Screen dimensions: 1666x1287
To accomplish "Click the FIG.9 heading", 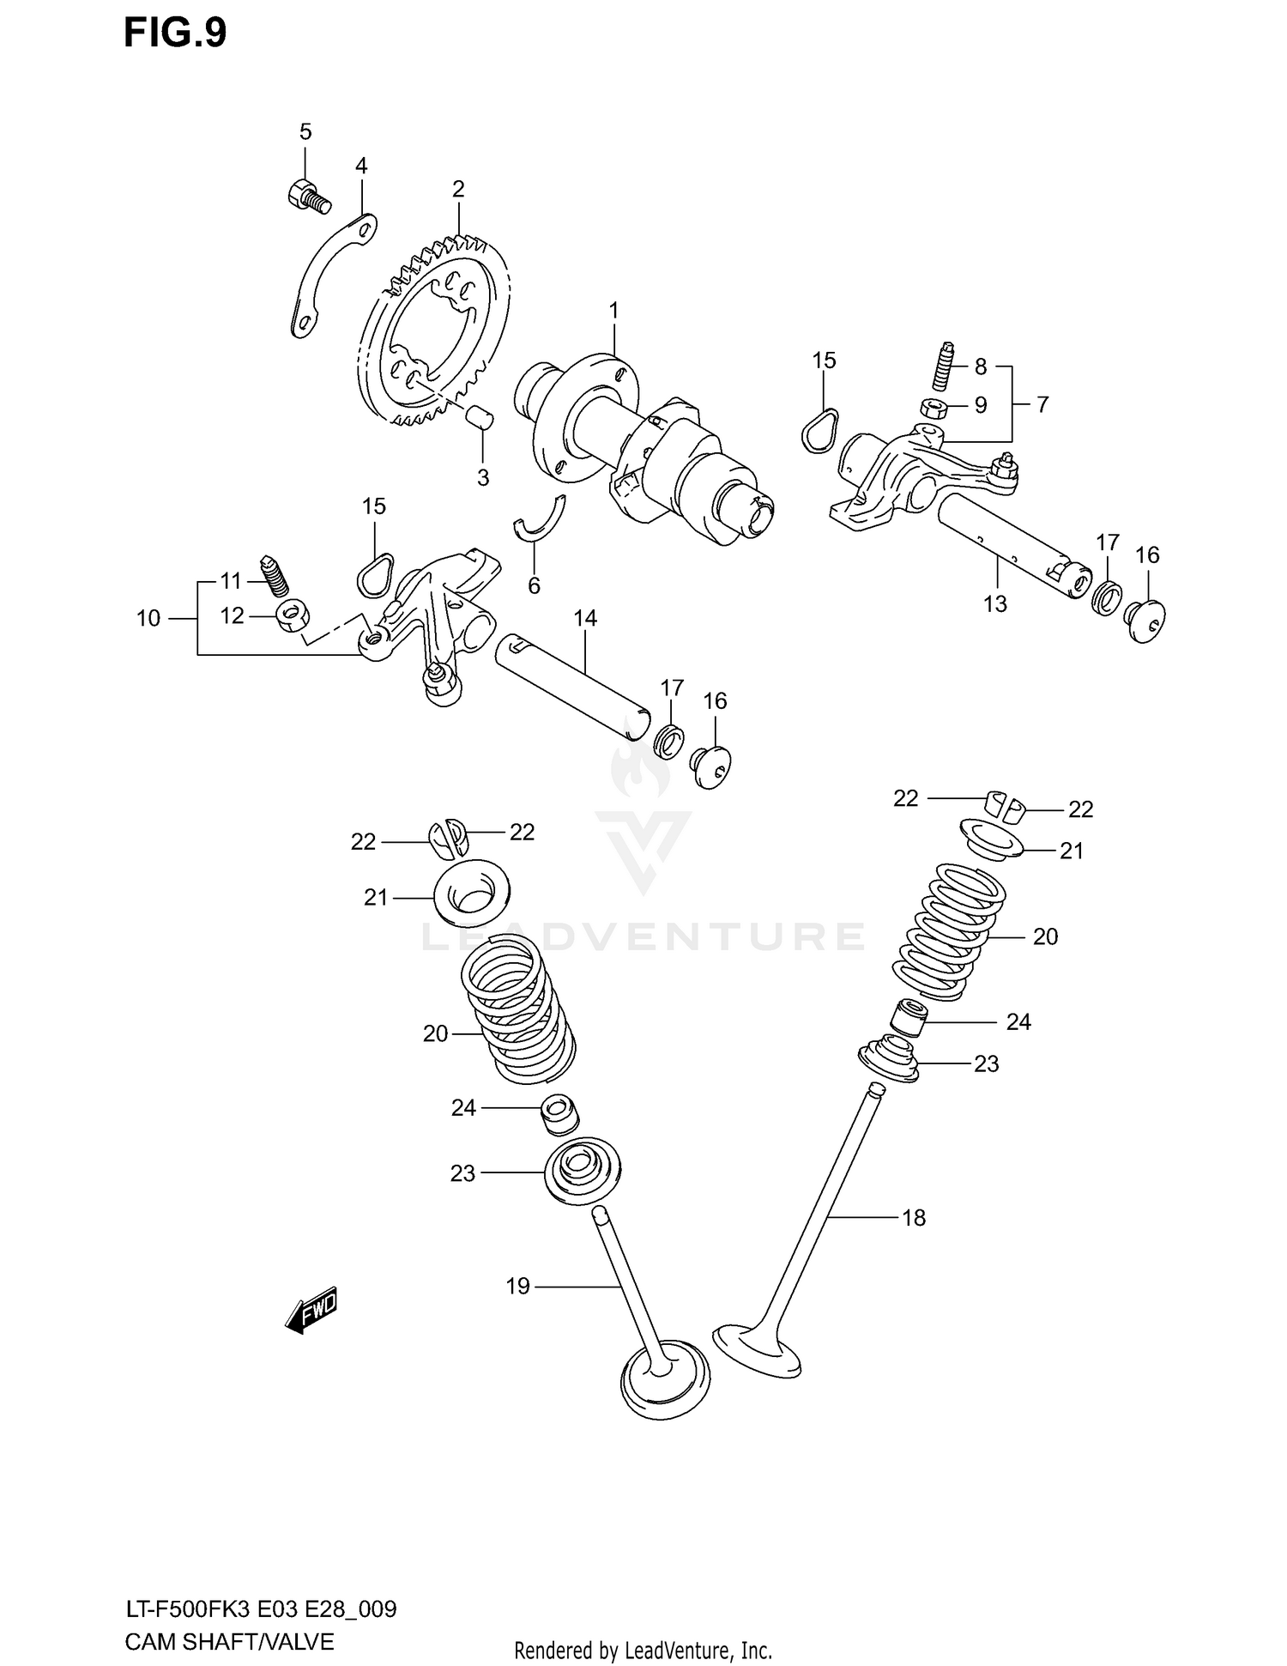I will (175, 33).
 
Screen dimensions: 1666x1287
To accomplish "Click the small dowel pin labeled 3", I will (480, 419).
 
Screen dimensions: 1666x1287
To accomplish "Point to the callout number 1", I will (613, 309).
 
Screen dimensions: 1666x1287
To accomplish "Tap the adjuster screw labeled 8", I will (944, 367).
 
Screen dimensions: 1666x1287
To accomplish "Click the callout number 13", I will (994, 603).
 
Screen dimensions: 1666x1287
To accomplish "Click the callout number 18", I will (914, 1217).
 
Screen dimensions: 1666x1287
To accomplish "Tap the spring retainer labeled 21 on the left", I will (471, 896).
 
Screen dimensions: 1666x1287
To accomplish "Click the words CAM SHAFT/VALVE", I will (228, 1643).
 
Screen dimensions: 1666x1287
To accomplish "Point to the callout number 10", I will (148, 618).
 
